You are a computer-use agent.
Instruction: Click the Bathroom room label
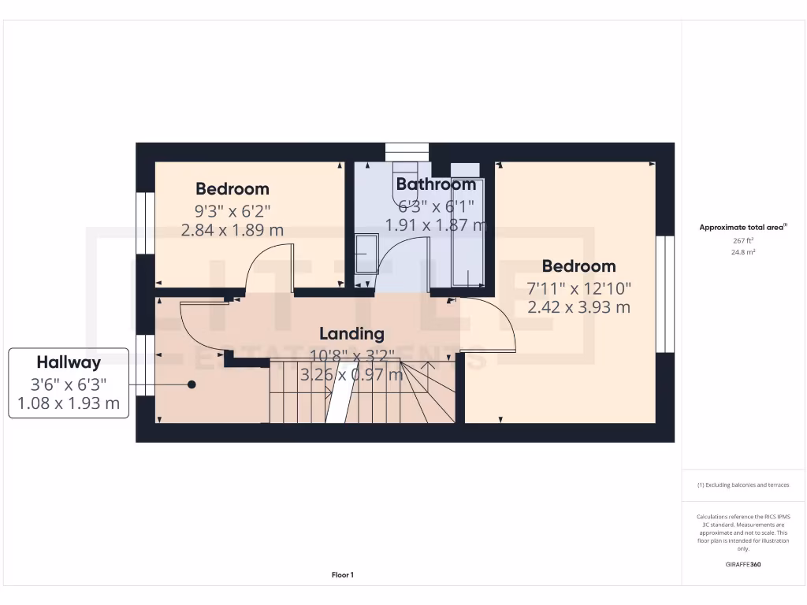tap(436, 184)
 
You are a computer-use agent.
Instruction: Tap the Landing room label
tap(351, 334)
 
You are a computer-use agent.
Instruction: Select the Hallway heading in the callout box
tap(69, 362)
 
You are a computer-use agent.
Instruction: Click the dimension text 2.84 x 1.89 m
tap(232, 230)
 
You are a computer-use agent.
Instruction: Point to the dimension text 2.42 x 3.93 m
tap(578, 307)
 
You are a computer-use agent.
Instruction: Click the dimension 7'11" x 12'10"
tap(578, 288)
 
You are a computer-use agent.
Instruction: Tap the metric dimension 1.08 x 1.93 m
tap(69, 403)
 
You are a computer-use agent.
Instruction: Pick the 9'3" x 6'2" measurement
tap(232, 210)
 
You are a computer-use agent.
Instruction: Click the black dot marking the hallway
tap(192, 384)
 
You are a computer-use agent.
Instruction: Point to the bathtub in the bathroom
tap(468, 236)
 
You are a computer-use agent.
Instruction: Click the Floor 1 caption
tap(343, 575)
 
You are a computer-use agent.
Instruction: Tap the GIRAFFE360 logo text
tap(743, 565)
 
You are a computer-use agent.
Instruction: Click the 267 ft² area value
tap(743, 240)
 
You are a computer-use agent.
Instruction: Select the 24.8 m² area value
tap(743, 252)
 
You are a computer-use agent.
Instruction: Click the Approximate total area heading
tap(743, 227)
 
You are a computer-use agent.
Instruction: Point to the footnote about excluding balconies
tap(743, 485)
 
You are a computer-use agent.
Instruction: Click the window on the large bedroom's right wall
tap(666, 294)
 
